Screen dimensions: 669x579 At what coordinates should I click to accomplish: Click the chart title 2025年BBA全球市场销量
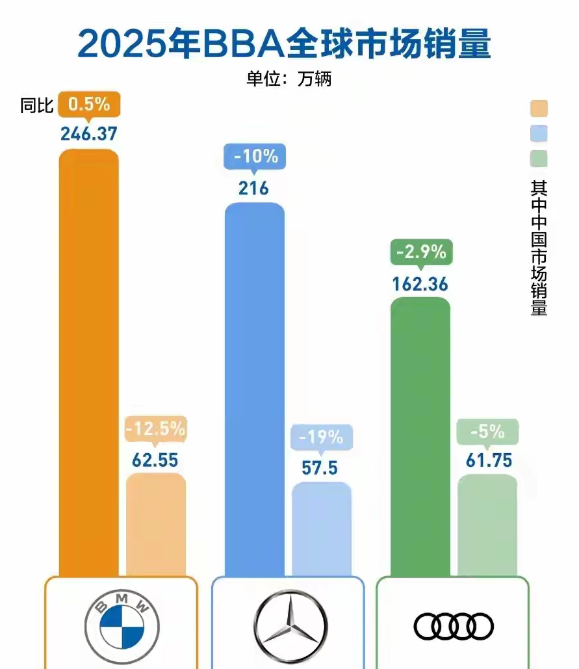tap(284, 44)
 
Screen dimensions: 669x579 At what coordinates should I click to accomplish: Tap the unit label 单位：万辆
tap(289, 79)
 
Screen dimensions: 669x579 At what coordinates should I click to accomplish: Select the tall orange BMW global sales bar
tap(89, 364)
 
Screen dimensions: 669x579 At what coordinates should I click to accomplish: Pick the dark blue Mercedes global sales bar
tap(254, 390)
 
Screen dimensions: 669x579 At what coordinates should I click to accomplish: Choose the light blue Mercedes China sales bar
tap(322, 530)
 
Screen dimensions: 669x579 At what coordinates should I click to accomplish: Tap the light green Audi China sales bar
tap(487, 526)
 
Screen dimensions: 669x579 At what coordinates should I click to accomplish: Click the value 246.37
tap(89, 134)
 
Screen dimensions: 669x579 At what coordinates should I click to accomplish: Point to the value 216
tap(253, 189)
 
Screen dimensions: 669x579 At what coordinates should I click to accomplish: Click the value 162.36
tap(420, 285)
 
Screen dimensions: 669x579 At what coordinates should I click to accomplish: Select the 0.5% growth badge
tap(89, 104)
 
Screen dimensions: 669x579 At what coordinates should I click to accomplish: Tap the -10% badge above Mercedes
tap(254, 157)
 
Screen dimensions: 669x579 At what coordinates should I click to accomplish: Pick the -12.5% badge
tap(156, 429)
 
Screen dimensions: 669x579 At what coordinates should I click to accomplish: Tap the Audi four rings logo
tap(453, 625)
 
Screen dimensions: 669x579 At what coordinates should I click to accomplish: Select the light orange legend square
tap(539, 108)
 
